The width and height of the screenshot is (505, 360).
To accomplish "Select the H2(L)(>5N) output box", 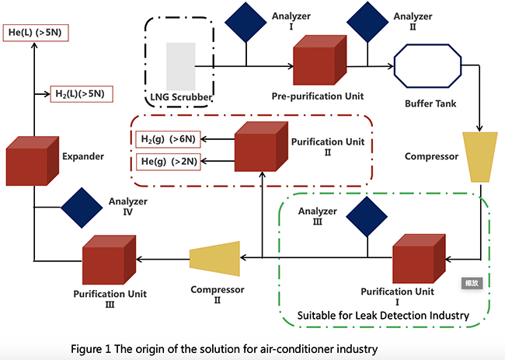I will tap(83, 93).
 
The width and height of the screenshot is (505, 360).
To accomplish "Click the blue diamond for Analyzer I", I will tap(246, 22).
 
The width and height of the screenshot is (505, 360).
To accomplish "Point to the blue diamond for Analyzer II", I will tap(367, 22).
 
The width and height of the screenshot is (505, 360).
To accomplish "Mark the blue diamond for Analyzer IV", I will tap(83, 207).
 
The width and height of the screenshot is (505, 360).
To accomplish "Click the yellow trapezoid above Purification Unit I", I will tap(479, 156).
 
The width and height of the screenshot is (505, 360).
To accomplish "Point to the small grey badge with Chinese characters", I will tap(471, 283).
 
